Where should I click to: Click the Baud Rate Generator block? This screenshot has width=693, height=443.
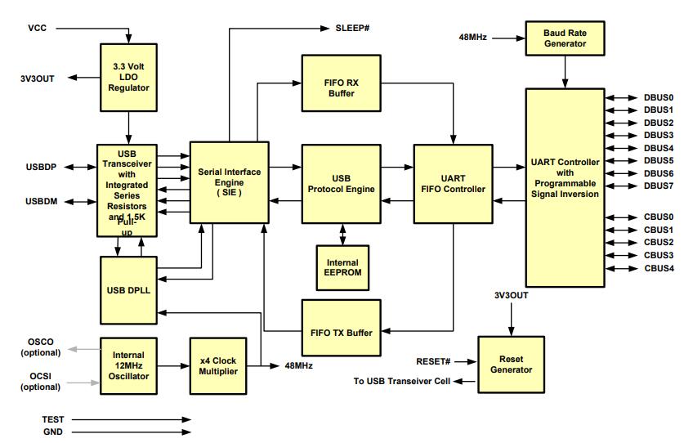[565, 38]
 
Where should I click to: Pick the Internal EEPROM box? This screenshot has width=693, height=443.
[342, 267]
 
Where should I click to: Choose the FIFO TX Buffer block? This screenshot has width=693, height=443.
[342, 332]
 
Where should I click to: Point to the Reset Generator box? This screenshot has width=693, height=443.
[512, 364]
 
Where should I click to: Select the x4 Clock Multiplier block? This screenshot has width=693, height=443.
[218, 365]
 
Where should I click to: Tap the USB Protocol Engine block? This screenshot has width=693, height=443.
[342, 184]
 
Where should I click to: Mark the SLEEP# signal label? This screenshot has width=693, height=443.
[353, 28]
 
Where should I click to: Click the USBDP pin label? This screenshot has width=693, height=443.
[41, 167]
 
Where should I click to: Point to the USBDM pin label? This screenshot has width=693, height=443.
[41, 201]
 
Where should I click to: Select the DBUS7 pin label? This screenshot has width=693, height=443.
[659, 186]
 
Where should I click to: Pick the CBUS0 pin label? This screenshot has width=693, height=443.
[659, 217]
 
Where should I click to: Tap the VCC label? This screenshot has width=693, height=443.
[38, 28]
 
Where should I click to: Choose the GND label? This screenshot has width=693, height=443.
[52, 432]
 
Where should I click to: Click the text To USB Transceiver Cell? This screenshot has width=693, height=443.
[401, 381]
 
